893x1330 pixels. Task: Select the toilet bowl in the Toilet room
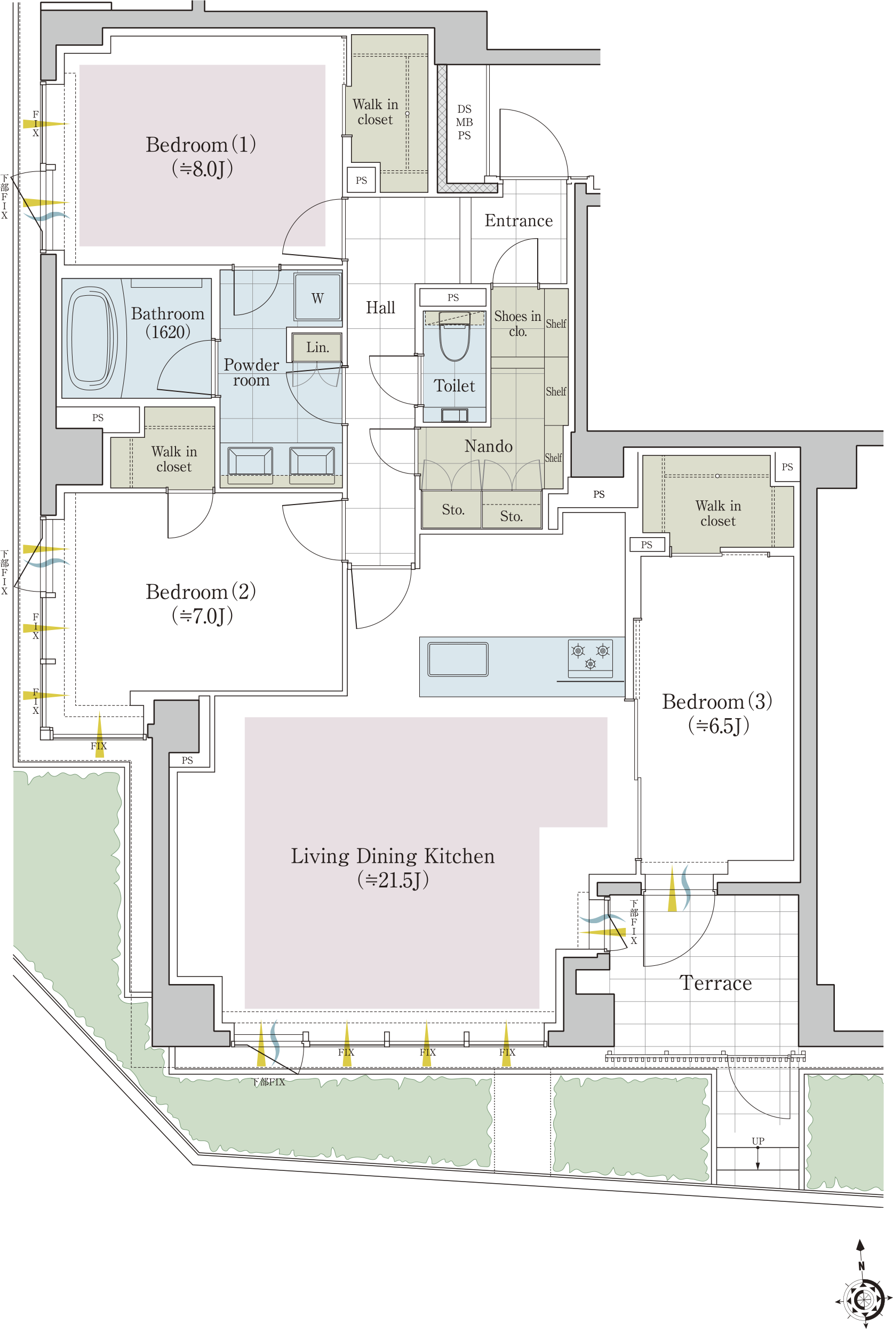click(x=455, y=337)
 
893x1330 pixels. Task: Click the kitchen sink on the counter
click(x=458, y=659)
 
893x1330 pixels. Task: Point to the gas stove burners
click(x=591, y=655)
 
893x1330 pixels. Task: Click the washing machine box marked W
click(x=318, y=297)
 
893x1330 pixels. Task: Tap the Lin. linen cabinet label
click(x=317, y=347)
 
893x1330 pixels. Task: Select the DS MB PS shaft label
click(x=464, y=122)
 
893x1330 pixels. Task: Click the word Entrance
click(x=519, y=221)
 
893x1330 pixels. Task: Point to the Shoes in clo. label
click(x=517, y=323)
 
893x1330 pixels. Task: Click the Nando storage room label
click(x=488, y=446)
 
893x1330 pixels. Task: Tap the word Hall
click(x=380, y=308)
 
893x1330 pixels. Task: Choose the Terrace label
click(x=715, y=983)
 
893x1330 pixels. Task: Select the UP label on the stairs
click(x=758, y=1142)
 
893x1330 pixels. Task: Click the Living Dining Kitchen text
click(x=393, y=856)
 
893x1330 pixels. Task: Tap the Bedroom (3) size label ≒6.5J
click(x=718, y=726)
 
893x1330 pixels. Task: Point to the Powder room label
click(x=251, y=373)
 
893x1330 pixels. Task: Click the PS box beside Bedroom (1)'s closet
click(x=361, y=180)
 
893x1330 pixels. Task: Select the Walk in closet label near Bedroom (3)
click(x=718, y=514)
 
